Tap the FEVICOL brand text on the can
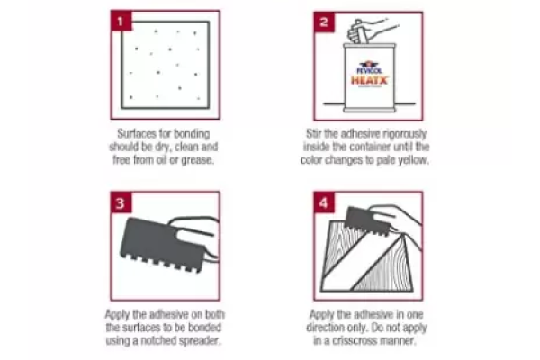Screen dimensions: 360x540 368,66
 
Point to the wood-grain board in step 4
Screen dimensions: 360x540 360,261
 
